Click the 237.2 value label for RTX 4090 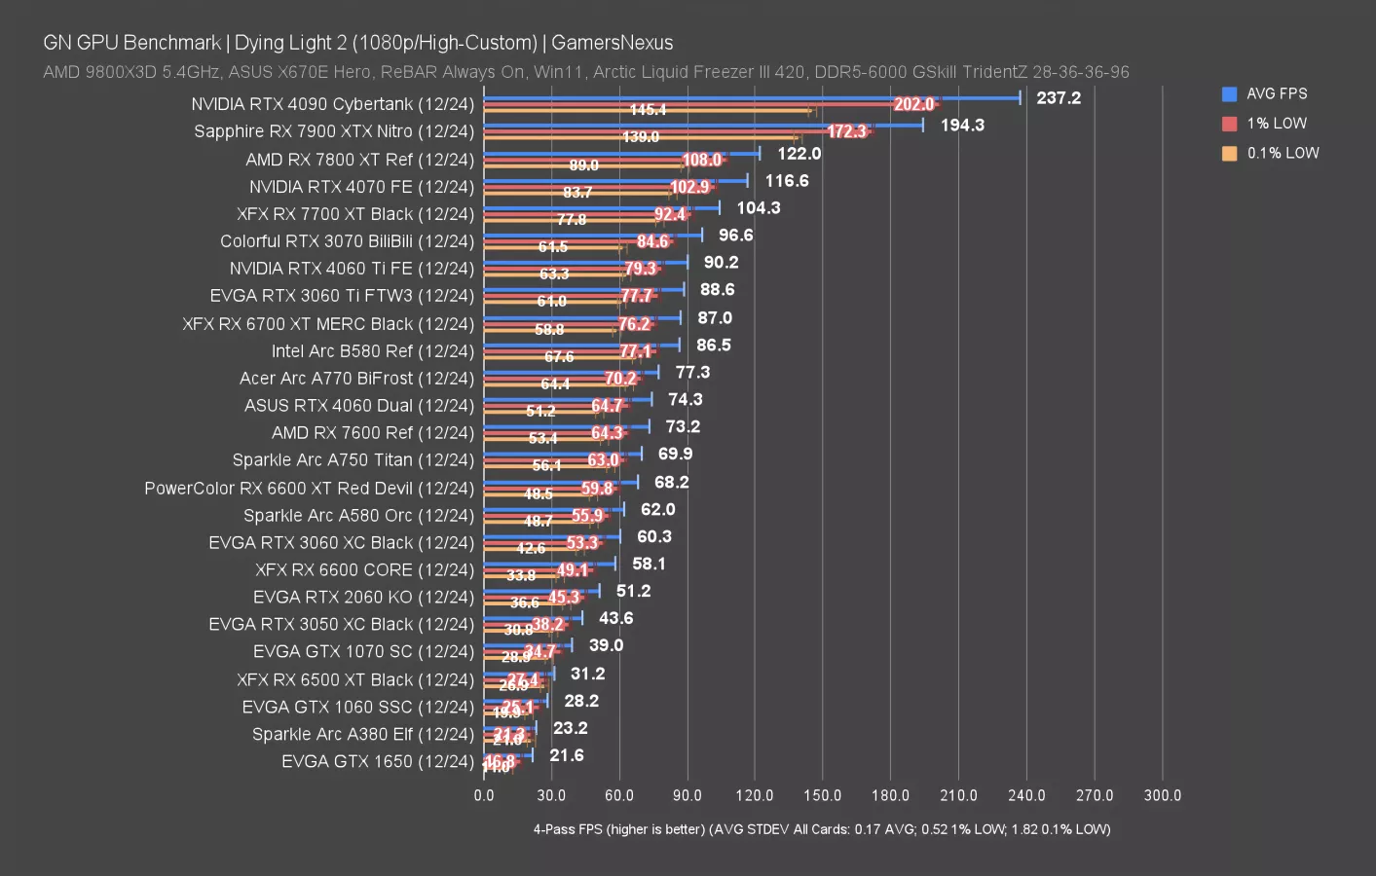(x=1058, y=97)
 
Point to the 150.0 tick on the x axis (x=822, y=795)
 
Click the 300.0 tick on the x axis (x=1162, y=795)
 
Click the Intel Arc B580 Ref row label (x=372, y=350)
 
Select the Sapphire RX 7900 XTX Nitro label (x=333, y=131)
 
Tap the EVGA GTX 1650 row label (x=377, y=761)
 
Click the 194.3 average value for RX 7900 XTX (x=961, y=125)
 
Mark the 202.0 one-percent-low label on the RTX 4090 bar (x=913, y=104)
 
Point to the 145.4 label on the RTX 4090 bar (x=648, y=110)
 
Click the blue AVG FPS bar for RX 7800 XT (x=623, y=154)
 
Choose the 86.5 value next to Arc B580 (x=713, y=345)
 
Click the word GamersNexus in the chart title (x=612, y=43)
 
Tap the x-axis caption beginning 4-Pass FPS (x=821, y=829)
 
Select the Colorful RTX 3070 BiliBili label (x=347, y=241)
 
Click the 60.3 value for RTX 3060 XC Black (x=653, y=536)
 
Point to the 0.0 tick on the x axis (x=484, y=795)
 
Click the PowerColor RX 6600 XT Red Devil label (x=309, y=488)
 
